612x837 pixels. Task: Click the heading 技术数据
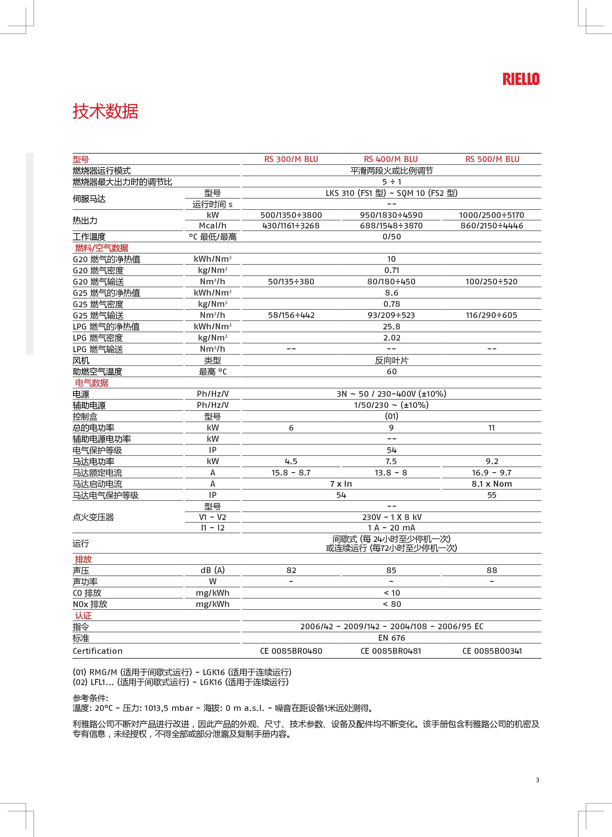click(x=106, y=111)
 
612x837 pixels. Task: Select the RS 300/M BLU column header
click(x=291, y=159)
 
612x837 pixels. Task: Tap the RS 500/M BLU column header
click(x=492, y=159)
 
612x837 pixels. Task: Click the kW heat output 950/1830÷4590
click(x=391, y=215)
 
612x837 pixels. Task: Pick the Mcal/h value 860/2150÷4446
click(x=492, y=226)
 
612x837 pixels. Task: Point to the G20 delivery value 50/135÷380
click(x=291, y=282)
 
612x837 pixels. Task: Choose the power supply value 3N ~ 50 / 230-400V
click(x=391, y=394)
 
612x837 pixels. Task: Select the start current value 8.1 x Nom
click(x=492, y=484)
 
